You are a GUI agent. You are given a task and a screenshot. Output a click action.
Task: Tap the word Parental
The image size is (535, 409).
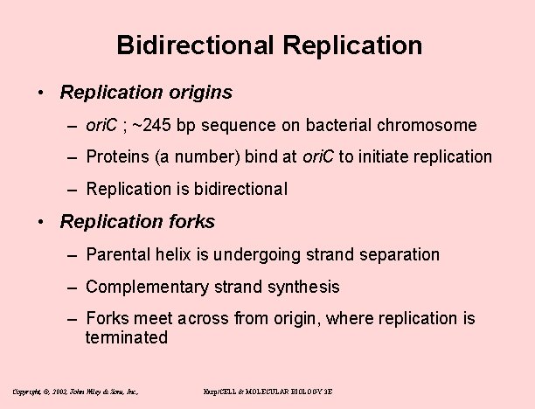117,255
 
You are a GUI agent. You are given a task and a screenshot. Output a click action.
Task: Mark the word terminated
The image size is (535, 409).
126,337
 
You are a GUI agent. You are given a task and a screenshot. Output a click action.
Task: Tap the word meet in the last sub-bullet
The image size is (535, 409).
156,319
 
